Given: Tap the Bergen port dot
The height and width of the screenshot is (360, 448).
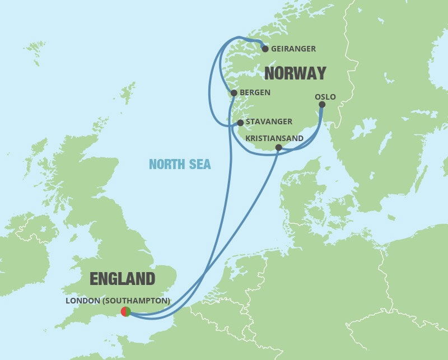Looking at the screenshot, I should [x=234, y=93].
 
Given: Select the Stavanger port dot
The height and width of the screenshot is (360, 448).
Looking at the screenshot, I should [x=240, y=122].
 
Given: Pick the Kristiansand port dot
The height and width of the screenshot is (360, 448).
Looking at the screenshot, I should [x=278, y=147].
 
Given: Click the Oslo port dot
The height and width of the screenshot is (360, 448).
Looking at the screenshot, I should [x=321, y=105].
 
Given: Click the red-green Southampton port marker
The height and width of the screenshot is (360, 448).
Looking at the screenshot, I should [x=126, y=311].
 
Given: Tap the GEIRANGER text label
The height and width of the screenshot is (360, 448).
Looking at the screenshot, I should [x=293, y=49].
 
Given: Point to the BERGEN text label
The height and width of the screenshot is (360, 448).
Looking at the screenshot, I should [x=255, y=92].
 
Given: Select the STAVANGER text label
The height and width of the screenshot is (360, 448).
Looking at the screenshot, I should [x=269, y=121].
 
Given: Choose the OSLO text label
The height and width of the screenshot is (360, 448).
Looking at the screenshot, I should [x=325, y=97].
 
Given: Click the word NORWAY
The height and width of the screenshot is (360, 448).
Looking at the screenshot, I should [x=295, y=73].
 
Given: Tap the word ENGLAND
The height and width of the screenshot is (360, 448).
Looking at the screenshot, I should [x=123, y=279].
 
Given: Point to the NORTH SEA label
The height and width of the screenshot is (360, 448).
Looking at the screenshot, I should [x=180, y=164].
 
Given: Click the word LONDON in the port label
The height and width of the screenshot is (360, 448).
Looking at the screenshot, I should [x=82, y=301].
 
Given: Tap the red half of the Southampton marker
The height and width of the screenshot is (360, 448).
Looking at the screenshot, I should [x=123, y=311].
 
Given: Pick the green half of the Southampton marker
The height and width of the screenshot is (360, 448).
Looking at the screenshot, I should [x=129, y=311].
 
